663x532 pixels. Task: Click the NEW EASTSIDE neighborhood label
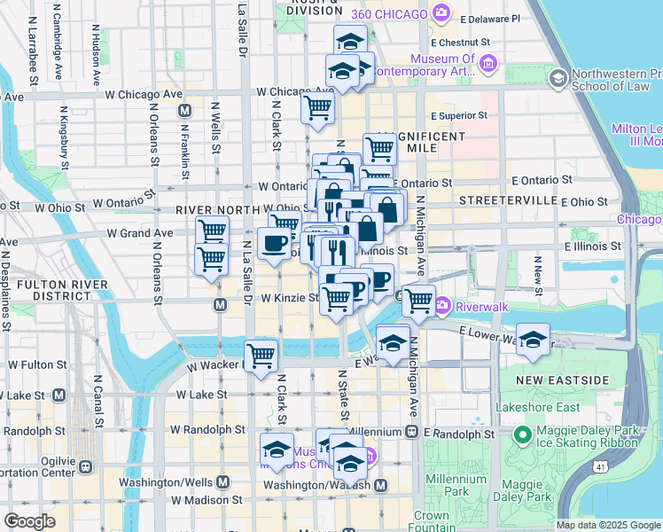[x=562, y=380]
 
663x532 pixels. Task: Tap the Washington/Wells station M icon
[x=222, y=481]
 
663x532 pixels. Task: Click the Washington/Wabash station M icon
[x=380, y=485]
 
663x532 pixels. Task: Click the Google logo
[x=29, y=521]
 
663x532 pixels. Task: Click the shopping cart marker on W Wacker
[x=261, y=356]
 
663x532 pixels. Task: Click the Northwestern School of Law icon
[x=558, y=78]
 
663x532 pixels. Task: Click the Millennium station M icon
[x=411, y=432]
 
